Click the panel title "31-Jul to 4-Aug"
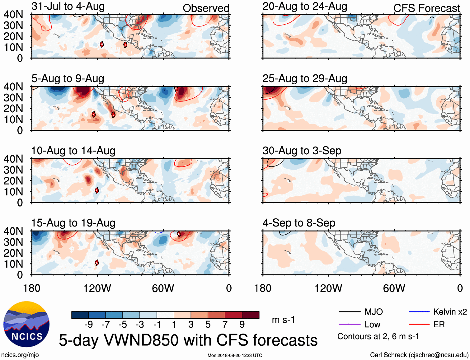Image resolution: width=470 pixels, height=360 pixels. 68,7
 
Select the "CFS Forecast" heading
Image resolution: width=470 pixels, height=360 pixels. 426,8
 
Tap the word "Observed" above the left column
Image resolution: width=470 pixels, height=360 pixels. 206,8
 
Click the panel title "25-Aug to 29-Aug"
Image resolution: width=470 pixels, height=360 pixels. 305,79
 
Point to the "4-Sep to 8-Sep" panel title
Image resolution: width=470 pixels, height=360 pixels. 299,223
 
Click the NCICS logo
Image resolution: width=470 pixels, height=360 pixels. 26,324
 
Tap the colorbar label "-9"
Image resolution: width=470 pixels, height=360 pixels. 88,325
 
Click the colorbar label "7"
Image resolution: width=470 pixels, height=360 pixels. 225,325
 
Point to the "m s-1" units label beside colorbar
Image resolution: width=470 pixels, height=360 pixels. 283,320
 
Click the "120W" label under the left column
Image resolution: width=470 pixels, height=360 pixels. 97,288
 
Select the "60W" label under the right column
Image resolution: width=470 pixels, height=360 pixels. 394,288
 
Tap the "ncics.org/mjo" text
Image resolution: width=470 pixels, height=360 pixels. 20,355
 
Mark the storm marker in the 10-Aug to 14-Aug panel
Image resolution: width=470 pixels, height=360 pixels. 97,190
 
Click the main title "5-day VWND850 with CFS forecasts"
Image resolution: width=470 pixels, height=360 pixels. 188,340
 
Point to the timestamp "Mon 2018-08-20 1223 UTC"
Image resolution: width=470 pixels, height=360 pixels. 235,355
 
